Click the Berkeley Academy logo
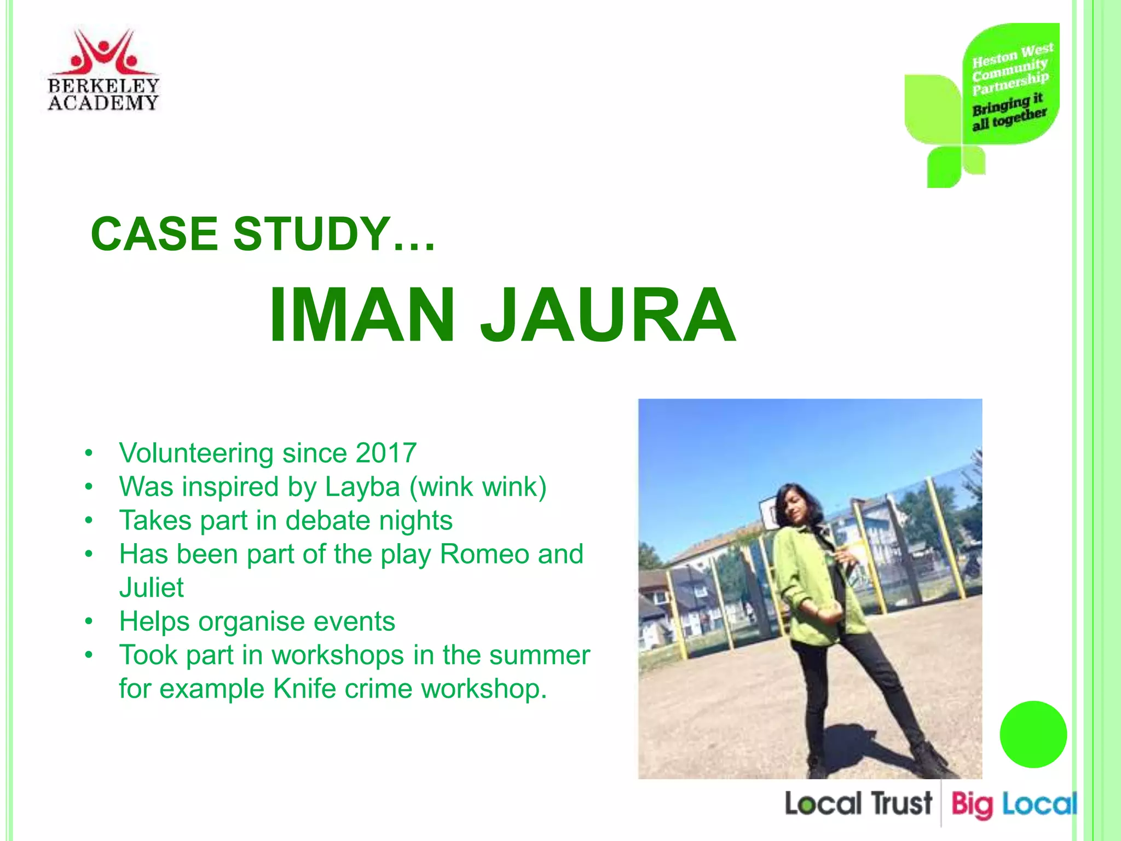pos(103,70)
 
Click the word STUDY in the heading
pos(312,234)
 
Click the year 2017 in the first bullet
pos(386,453)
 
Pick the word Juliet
pos(152,587)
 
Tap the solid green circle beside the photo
pos(1033,734)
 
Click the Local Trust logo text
pos(858,804)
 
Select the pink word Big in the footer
pos(971,805)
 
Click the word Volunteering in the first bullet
pos(197,453)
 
